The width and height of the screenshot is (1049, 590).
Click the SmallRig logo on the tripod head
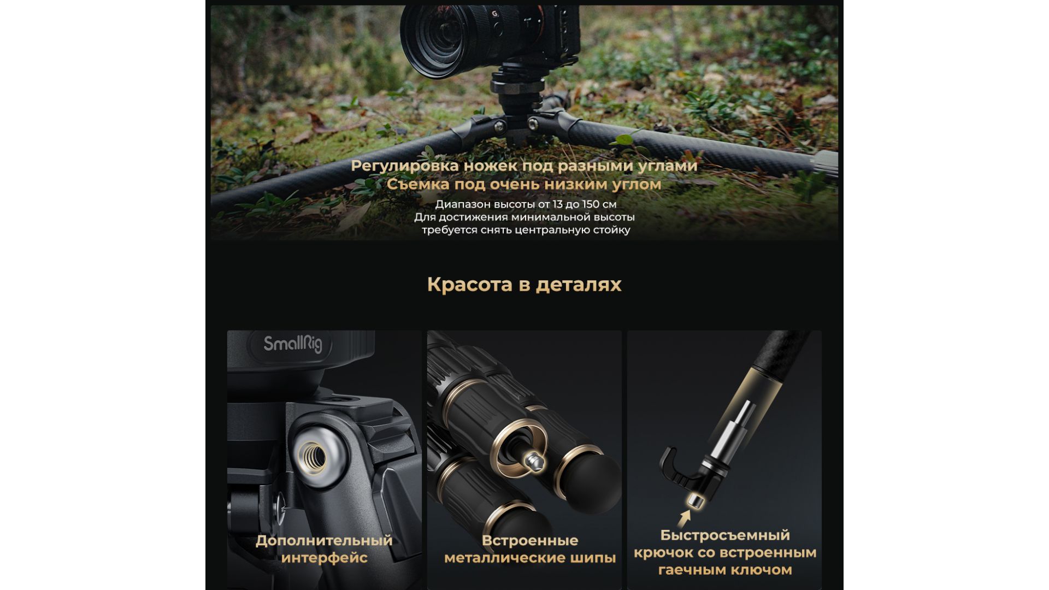pos(293,344)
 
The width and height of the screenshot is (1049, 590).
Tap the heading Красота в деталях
pos(524,285)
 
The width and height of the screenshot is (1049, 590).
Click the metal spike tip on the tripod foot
pos(535,462)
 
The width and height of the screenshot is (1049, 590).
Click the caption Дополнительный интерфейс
pos(324,549)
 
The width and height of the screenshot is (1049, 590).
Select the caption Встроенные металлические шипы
pos(530,549)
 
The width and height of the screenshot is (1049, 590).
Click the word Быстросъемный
pos(725,535)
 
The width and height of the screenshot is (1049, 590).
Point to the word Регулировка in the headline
pos(405,166)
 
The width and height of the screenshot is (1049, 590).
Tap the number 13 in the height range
pos(558,204)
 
